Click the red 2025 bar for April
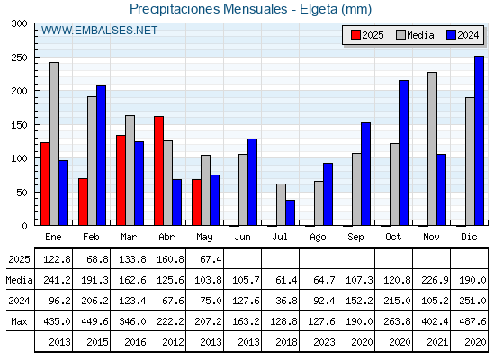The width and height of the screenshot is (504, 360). coord(158,171)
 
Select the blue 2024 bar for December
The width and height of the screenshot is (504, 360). coord(479,140)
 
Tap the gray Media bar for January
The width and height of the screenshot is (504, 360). coord(54,144)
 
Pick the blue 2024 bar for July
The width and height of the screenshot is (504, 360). coord(290,212)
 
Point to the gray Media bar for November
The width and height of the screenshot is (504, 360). coord(432,148)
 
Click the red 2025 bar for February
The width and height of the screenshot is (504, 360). coord(83,202)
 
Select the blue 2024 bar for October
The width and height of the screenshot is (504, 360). coord(404,153)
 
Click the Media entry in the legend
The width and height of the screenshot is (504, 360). coord(415,35)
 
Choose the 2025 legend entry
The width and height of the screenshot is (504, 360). coord(367,35)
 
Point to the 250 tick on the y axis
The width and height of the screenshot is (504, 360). coord(19,58)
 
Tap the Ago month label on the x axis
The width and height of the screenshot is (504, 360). coord(318,238)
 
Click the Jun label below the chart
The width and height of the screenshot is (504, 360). coord(242,237)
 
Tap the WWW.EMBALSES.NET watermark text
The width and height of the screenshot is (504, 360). coord(99,31)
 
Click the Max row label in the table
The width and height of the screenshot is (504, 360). coord(19,321)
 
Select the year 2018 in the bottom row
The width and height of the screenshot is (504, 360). coord(286,342)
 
